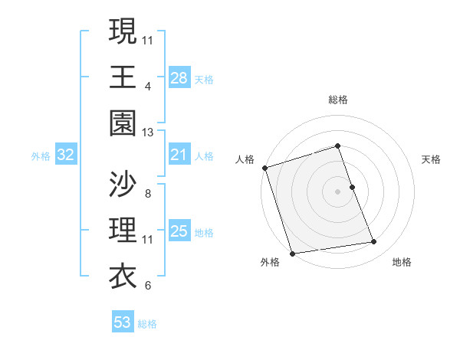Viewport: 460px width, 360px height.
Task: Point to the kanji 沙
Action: [x=123, y=184]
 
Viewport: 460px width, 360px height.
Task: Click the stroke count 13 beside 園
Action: [x=148, y=133]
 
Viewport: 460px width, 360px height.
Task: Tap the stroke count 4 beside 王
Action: [x=147, y=87]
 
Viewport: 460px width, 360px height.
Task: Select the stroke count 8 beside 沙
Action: [x=147, y=194]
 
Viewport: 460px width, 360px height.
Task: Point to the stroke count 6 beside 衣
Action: [x=147, y=286]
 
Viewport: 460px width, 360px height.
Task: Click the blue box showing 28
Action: [x=179, y=77]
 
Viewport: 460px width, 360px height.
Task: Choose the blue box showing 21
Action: [x=179, y=155]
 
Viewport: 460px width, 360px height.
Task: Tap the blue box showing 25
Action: [x=179, y=231]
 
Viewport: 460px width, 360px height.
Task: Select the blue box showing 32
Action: [x=66, y=155]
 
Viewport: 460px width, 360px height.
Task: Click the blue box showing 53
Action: [x=123, y=322]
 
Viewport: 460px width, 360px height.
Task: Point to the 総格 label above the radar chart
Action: [x=338, y=100]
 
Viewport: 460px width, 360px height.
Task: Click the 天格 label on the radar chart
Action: [x=432, y=159]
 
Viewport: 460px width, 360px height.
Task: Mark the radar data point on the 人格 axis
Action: [x=264, y=168]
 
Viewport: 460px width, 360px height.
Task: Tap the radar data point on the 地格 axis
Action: [x=374, y=242]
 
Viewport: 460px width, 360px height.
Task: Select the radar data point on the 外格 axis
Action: [x=293, y=253]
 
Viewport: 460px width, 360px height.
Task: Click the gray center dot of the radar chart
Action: [x=338, y=191]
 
